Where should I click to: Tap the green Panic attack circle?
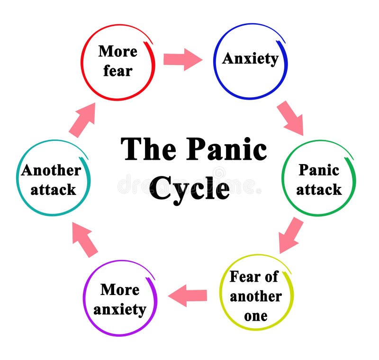point(318,179)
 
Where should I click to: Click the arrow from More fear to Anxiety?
point(182,59)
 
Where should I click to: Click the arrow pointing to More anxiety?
point(188,296)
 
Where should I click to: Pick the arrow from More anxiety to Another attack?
point(85,240)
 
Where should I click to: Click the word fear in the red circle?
point(117,71)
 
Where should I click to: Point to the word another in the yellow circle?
point(256,296)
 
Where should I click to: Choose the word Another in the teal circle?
point(51,170)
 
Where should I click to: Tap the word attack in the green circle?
point(319,189)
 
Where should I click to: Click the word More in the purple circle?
point(120,289)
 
